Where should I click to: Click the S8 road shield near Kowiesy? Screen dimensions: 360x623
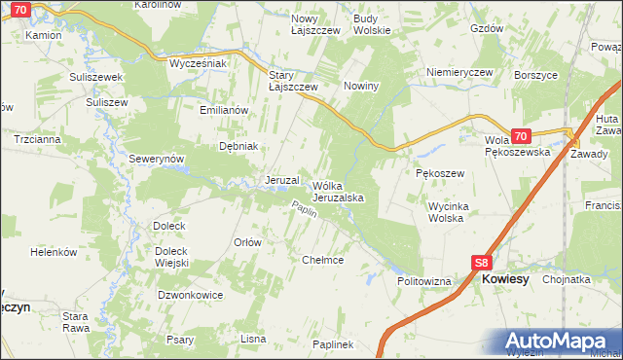coord(481,263)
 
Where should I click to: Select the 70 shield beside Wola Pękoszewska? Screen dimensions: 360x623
coord(521,137)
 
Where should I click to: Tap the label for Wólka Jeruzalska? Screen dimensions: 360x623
coord(338,191)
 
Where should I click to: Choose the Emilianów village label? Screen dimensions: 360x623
coord(226,110)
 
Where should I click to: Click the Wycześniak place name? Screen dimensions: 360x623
coord(198,63)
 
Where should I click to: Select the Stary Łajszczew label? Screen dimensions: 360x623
coord(293,80)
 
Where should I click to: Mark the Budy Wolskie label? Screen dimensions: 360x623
coord(372,24)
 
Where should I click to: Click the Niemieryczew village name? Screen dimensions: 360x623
coord(460,72)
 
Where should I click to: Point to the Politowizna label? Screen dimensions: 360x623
coord(424,281)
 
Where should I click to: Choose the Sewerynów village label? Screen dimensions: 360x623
coord(157,158)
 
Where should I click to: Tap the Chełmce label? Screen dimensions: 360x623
coord(323,260)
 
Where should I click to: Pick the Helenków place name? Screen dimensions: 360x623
coord(54,252)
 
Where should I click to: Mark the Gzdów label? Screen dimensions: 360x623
coord(486,29)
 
